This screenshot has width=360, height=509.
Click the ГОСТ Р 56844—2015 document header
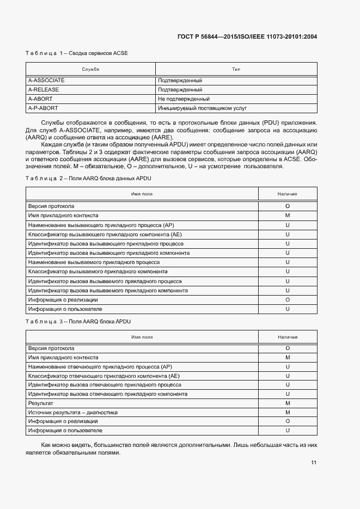(247, 37)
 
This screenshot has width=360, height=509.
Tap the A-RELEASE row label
(44, 89)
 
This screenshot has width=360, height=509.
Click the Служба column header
(90, 69)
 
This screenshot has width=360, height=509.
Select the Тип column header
(236, 69)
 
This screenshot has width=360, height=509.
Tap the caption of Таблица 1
(77, 53)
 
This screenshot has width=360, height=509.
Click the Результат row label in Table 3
(40, 403)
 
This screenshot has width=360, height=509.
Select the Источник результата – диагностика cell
(72, 413)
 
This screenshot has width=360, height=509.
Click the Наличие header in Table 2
(287, 194)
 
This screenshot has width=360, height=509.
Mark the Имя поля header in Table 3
(142, 338)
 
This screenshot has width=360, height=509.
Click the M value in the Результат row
(287, 403)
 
